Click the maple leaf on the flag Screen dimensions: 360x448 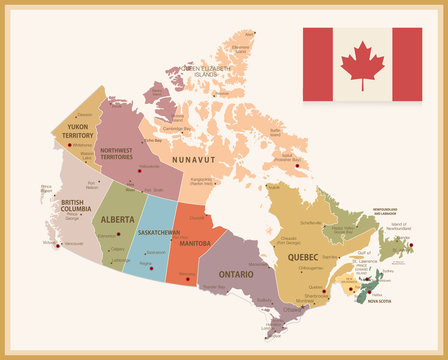363,64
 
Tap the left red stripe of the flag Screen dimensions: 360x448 318,64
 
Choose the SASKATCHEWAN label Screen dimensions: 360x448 158,232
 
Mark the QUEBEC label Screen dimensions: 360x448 303,257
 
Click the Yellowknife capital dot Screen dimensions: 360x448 139,169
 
